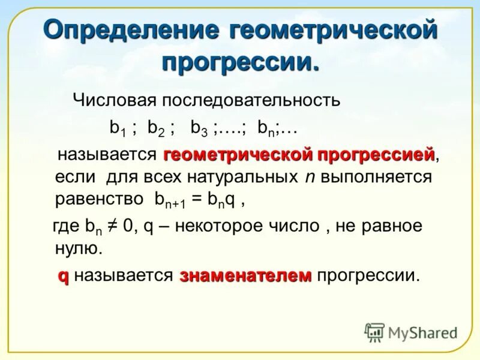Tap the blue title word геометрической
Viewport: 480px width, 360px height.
(332, 31)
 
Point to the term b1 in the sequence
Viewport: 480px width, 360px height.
(116, 128)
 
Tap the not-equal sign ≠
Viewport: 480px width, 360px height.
(111, 226)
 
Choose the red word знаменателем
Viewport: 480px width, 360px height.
(245, 275)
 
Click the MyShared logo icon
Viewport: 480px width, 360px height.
(374, 332)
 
